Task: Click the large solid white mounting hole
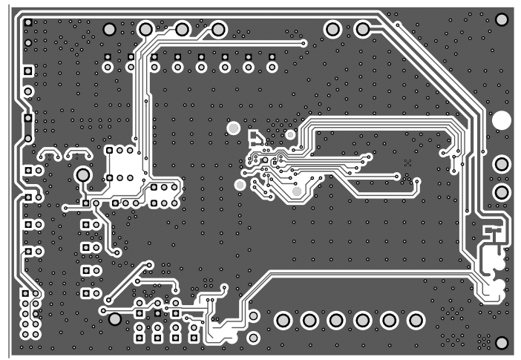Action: [x=502, y=120]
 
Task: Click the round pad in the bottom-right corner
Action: [x=501, y=342]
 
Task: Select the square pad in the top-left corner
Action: [x=28, y=23]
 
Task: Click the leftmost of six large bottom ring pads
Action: [x=282, y=321]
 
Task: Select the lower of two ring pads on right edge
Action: [x=502, y=192]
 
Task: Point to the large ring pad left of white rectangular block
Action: [x=82, y=175]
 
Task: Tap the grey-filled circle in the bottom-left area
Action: [x=115, y=318]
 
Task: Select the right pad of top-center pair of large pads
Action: [x=363, y=29]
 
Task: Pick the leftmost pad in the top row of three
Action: [x=146, y=29]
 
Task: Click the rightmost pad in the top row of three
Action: [x=218, y=29]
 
